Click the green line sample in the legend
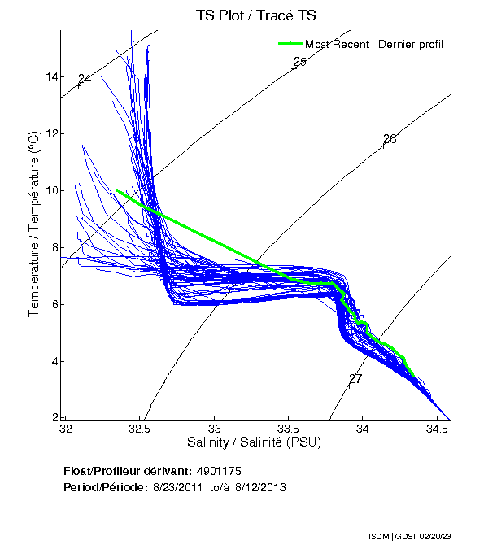290,44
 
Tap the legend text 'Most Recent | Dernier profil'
374,44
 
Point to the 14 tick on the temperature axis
51,76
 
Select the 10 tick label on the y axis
51,190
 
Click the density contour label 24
84,79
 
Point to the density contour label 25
299,62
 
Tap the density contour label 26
389,139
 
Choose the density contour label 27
355,379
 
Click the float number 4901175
219,471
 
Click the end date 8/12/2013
260,486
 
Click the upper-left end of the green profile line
117,190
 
